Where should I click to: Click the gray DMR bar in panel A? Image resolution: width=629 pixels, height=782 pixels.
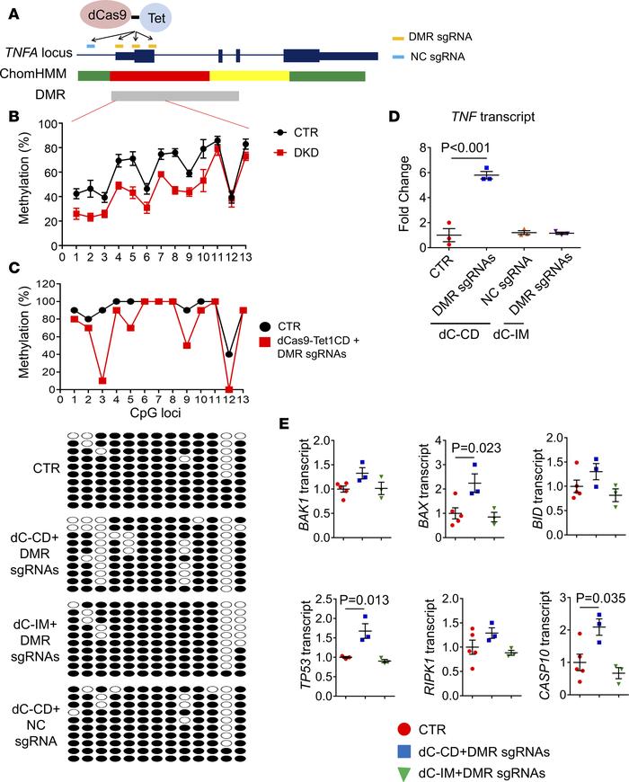pyautogui.click(x=174, y=96)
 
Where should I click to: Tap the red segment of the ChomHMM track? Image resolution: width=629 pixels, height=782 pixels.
pyautogui.click(x=160, y=76)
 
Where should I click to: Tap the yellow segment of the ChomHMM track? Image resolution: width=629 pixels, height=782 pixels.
pyautogui.click(x=249, y=76)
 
